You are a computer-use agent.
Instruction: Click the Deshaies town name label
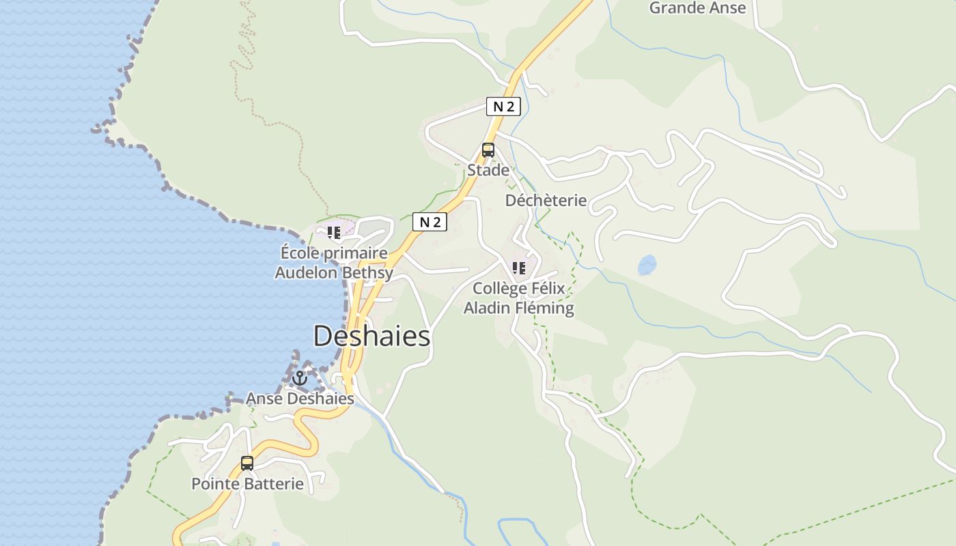372,336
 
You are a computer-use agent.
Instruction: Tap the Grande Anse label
697,8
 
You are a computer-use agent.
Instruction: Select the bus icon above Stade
488,150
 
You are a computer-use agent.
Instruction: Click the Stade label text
488,170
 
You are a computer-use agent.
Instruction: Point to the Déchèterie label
546,200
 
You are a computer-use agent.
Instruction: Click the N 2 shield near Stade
503,106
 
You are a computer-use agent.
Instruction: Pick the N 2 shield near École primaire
430,222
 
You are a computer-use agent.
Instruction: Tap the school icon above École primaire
334,233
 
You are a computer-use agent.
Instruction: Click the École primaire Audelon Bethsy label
334,263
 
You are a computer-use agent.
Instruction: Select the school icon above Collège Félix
519,268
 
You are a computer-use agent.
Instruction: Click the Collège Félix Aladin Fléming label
519,298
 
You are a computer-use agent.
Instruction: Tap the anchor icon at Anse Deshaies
300,378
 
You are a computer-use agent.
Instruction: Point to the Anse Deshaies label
300,399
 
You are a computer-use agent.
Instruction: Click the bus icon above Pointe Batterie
247,463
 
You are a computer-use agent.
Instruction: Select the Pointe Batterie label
247,484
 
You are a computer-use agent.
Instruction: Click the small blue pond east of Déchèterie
647,265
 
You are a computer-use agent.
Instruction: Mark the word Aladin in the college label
487,308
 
